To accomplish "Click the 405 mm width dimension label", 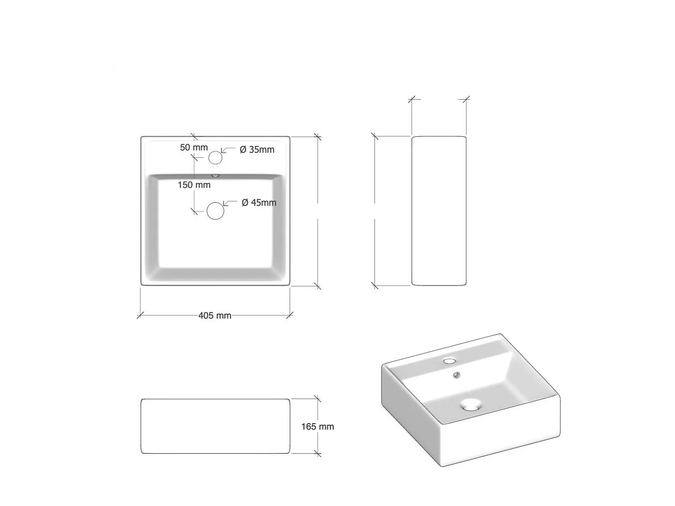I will click(214, 315).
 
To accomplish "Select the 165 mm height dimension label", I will click(317, 427).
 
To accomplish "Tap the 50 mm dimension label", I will click(194, 147).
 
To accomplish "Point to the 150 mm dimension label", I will click(194, 185).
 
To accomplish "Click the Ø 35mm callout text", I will click(257, 150).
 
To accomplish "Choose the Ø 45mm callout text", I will click(259, 202).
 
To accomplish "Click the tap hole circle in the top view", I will click(215, 157).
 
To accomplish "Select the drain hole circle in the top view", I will click(215, 211).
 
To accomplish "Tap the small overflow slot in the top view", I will click(215, 175).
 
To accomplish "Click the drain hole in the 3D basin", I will click(471, 405).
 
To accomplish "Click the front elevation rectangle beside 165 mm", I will click(215, 426).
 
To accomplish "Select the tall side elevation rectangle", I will click(439, 211).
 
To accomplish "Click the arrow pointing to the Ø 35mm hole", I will click(227, 150).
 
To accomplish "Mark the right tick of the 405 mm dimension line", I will click(290, 315).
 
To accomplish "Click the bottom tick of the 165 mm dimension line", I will click(317, 454).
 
